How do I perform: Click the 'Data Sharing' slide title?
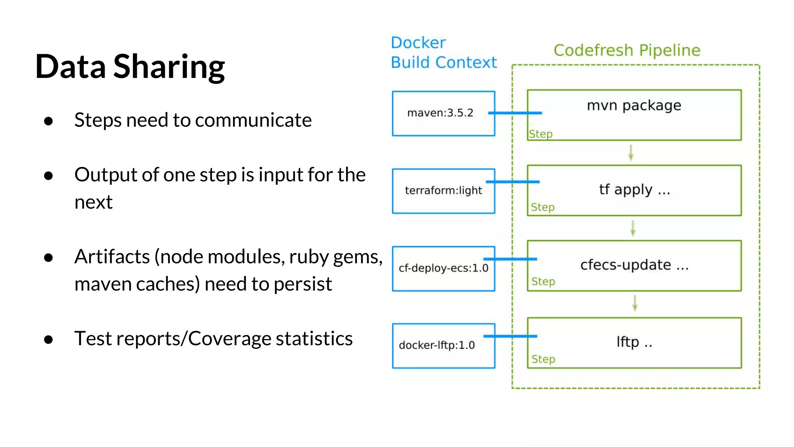coord(130,67)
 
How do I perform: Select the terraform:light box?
coord(443,191)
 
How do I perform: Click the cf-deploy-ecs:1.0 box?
coord(443,268)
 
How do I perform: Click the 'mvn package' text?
coord(634,106)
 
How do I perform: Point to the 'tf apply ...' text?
coord(634,190)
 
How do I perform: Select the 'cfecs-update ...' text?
coord(634,265)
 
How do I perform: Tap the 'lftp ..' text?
coord(634,342)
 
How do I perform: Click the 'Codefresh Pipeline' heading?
coord(627,50)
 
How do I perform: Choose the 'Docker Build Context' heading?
coord(443,53)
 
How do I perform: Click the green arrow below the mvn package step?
coord(631,152)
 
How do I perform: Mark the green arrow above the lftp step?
coord(635,303)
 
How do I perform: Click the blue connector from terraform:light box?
coord(513,182)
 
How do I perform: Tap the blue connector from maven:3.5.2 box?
coord(515,113)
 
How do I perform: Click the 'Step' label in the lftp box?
coord(543,359)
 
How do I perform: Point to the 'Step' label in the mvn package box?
coord(541,134)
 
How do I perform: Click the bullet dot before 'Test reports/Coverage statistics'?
coord(48,340)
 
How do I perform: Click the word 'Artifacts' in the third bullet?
coord(112,257)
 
